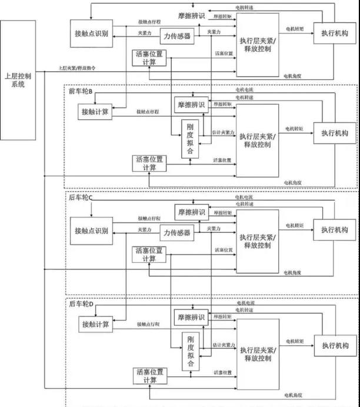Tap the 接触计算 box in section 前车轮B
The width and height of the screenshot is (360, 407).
[x=94, y=110]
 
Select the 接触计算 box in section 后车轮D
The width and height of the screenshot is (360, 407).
[x=94, y=324]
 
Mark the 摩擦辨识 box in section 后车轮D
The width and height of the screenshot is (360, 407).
[x=191, y=318]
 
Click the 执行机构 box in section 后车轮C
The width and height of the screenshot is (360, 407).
[x=334, y=229]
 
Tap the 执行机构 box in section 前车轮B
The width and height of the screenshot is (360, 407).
[x=334, y=132]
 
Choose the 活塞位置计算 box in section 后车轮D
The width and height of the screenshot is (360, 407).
[x=149, y=376]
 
